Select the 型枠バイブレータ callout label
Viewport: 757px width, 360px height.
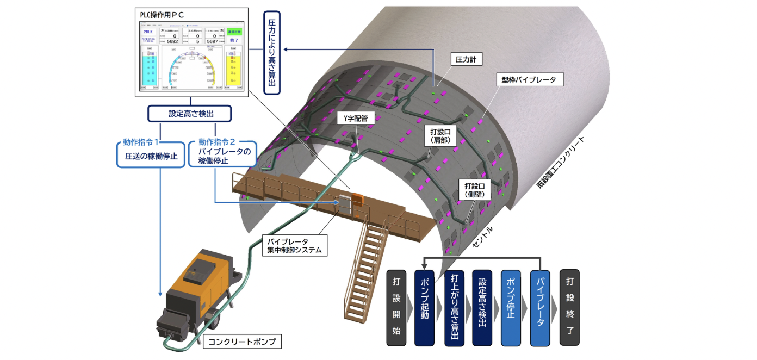[x=529, y=79]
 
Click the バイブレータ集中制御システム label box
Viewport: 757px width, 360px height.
[x=295, y=246]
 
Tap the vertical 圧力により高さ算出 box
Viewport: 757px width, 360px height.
[x=272, y=52]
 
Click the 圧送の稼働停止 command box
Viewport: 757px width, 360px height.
[x=148, y=156]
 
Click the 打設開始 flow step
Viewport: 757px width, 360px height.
[x=396, y=307]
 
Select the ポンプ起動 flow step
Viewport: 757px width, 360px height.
[x=425, y=307]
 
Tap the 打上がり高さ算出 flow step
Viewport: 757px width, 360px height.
[x=454, y=307]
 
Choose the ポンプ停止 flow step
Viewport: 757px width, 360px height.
[x=511, y=307]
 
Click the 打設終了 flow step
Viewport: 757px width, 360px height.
[x=569, y=307]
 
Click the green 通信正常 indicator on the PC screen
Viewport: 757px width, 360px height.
[x=234, y=33]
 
